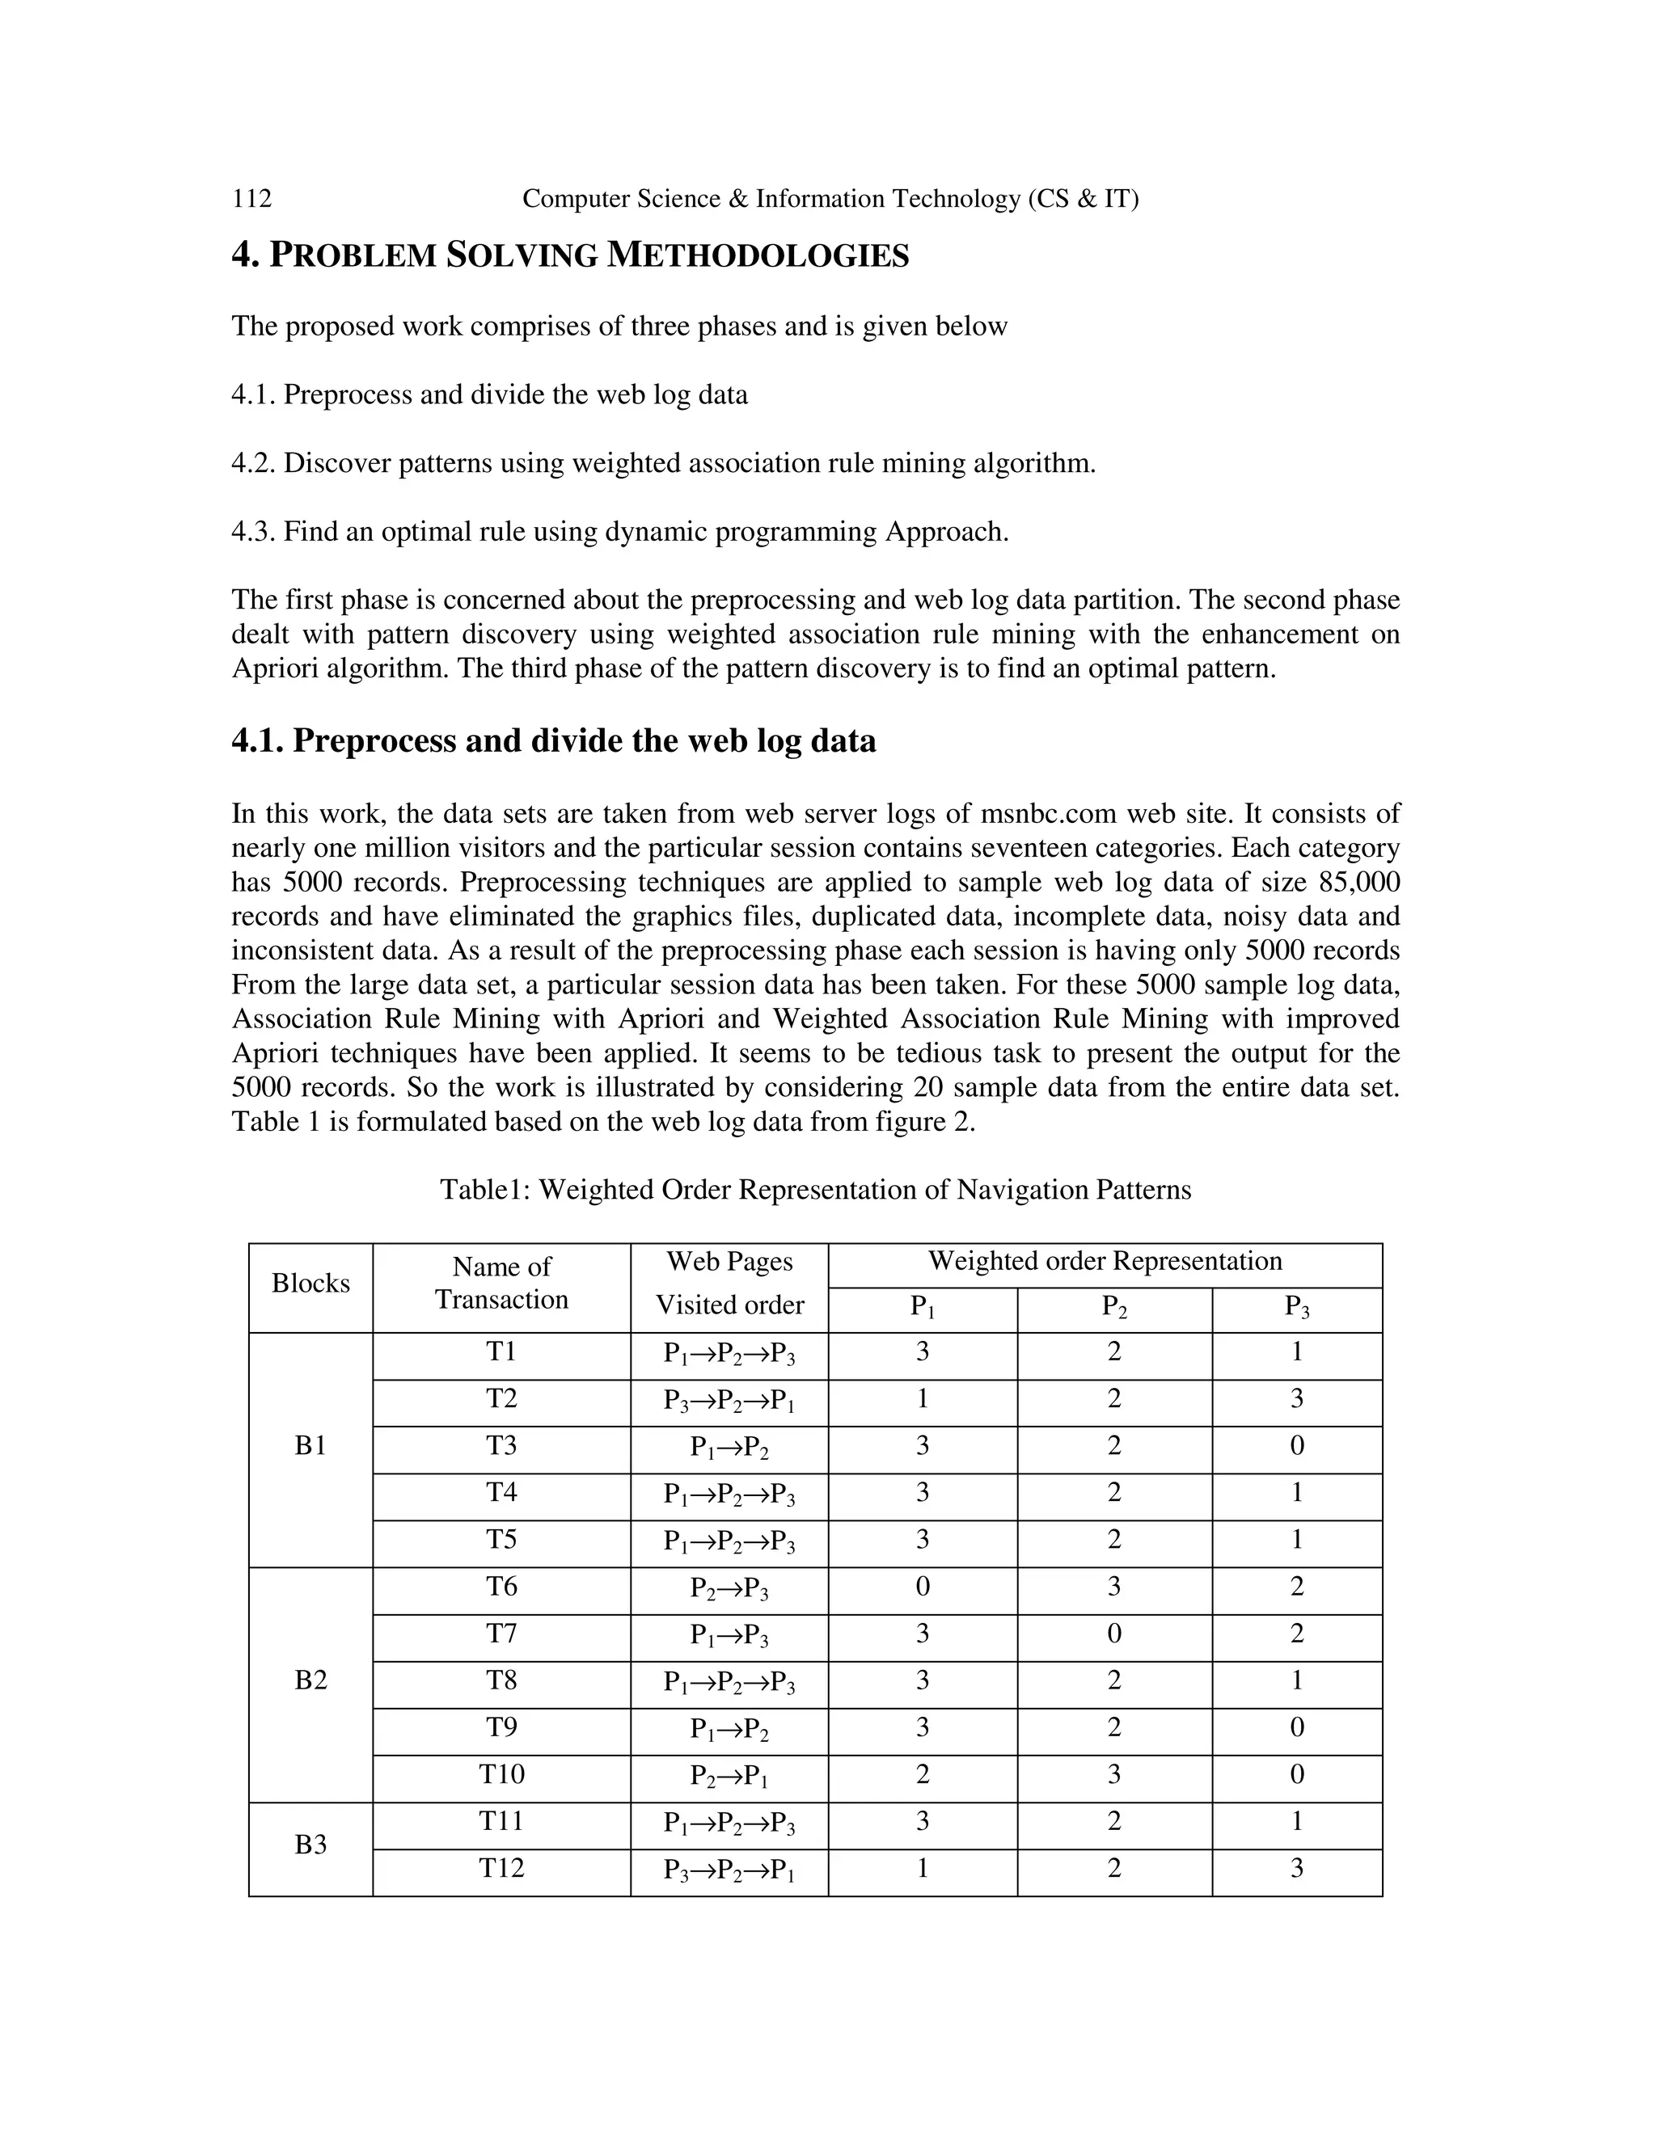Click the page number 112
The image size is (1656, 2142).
pos(251,199)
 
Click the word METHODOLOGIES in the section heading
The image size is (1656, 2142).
pos(758,256)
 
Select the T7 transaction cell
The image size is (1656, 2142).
pos(501,1633)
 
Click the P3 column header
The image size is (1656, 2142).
pos(1296,1307)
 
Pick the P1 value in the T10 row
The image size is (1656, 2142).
pos(922,1774)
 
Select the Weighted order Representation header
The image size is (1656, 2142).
pos(1105,1261)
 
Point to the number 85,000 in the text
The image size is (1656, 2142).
pos(1358,883)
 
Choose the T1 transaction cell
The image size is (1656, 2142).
pos(501,1351)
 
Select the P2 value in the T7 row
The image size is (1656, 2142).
pos(1113,1633)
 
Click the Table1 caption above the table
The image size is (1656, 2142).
pos(814,1190)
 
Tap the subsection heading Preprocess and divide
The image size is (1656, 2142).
pos(553,740)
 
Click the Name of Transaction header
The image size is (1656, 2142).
pos(501,1283)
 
